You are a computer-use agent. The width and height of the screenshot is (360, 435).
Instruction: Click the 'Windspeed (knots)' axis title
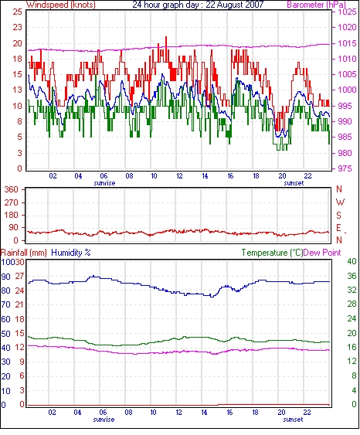point(61,5)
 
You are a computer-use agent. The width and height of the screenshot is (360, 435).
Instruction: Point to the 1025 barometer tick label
point(347,12)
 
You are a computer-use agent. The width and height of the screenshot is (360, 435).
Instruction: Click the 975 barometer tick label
point(345,168)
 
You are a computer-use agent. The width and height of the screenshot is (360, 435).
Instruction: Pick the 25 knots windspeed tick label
point(18,12)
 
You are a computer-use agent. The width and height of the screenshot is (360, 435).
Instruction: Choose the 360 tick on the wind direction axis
point(12,190)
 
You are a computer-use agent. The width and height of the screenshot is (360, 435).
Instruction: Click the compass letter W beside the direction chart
point(340,202)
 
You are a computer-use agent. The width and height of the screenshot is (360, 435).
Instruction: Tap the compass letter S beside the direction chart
point(338,215)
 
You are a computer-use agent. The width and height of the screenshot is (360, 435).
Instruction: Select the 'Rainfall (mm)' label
point(24,253)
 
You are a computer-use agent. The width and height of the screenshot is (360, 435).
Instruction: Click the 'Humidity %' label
point(71,253)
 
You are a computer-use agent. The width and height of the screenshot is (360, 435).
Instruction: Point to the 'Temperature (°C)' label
point(272,253)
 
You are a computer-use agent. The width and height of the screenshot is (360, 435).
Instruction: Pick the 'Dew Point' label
point(322,253)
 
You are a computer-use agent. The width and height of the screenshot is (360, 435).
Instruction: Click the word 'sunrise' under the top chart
point(104,183)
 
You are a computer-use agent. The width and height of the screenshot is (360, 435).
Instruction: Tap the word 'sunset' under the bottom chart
point(293,420)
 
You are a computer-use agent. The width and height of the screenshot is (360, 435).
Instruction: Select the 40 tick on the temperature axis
point(352,262)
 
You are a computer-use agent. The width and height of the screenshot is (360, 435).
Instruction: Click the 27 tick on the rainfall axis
point(19,277)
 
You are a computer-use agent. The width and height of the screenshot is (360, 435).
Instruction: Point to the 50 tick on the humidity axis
point(6,334)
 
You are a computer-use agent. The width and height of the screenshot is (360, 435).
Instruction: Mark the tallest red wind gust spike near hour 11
point(166,37)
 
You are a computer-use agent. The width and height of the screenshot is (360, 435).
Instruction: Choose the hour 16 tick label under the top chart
point(230,176)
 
